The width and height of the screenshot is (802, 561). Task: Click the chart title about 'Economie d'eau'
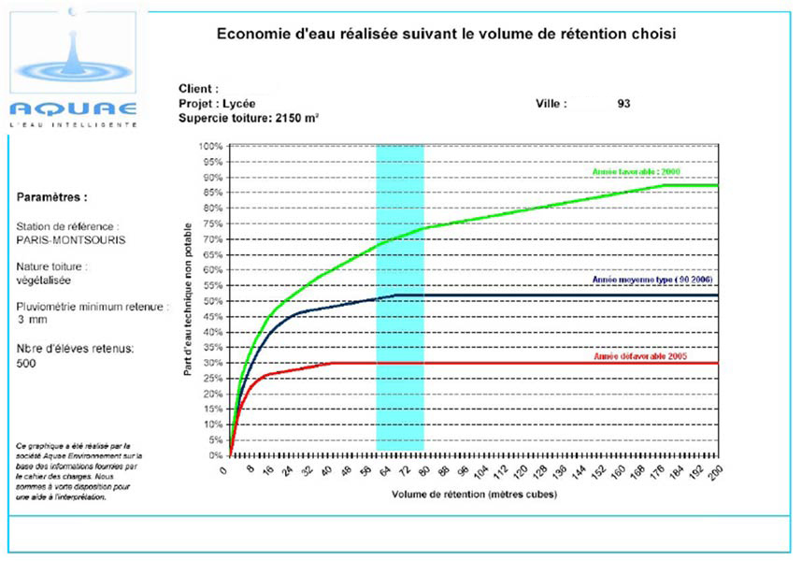446,34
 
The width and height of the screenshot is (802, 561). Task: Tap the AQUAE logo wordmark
73,108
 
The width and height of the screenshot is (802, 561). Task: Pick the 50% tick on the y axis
211,301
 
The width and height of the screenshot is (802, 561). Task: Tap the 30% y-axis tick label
211,363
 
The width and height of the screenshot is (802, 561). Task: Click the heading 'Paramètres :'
52,198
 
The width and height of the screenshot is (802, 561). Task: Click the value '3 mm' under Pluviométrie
30,320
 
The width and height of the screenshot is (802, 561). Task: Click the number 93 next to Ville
623,104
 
